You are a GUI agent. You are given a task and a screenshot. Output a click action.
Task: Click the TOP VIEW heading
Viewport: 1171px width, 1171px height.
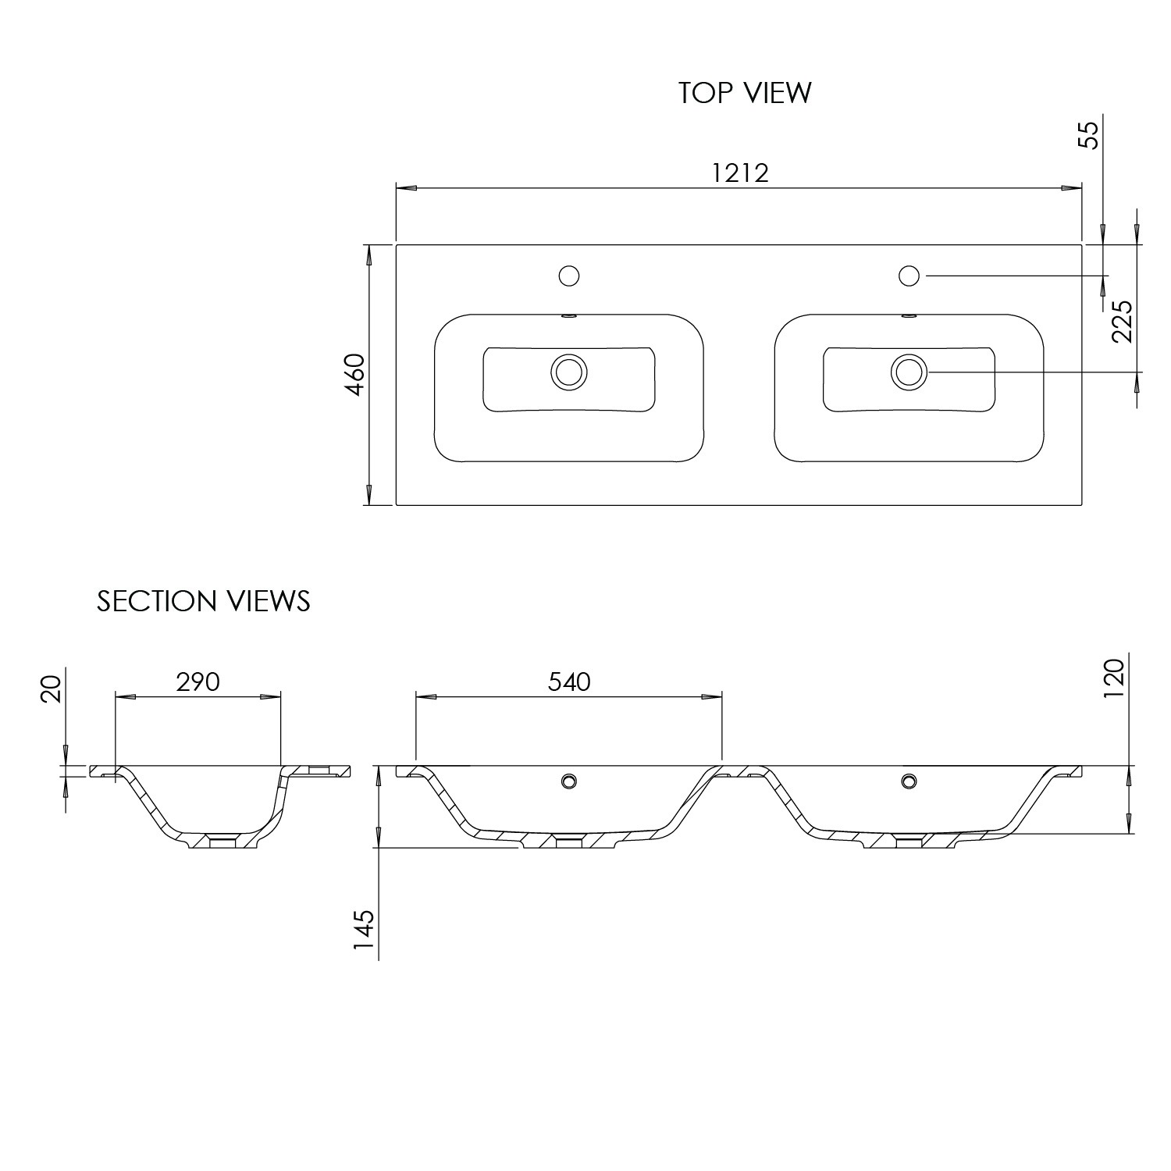[x=745, y=92]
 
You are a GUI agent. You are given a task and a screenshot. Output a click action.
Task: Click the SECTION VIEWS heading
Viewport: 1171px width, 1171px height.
[x=204, y=601]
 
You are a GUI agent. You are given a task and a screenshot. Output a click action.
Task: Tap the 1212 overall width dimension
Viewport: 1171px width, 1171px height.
[x=740, y=173]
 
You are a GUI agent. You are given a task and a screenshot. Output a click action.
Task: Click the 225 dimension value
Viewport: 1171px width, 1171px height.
[x=1122, y=322]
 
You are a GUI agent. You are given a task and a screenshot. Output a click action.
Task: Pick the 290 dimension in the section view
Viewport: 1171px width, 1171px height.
[x=198, y=682]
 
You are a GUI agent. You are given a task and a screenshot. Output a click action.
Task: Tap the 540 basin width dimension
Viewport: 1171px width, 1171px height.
[x=569, y=682]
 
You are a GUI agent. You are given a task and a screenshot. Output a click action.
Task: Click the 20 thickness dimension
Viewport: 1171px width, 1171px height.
[x=50, y=690]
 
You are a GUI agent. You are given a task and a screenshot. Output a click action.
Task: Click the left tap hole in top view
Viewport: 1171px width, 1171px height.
[x=569, y=276]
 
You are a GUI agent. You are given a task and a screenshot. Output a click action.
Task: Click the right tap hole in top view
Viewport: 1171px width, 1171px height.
[x=909, y=276]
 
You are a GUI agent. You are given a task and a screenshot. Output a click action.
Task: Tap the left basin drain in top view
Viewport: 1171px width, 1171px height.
[x=568, y=372]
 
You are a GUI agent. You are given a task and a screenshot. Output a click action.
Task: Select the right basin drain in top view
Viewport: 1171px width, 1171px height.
[x=909, y=372]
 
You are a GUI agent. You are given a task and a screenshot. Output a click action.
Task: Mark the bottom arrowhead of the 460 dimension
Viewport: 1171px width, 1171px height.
[x=368, y=495]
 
